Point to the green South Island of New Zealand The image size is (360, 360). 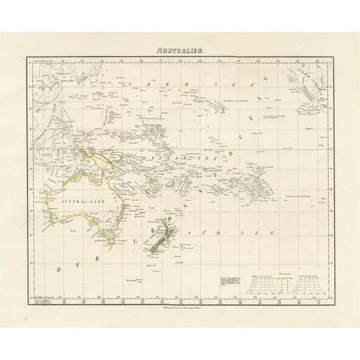[156, 245]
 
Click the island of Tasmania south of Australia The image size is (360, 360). [108, 240]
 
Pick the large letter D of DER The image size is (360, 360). [59, 269]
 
